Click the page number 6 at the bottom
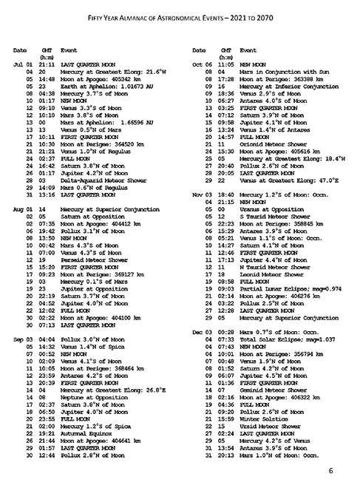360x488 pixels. point(332,470)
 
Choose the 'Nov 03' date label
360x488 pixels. point(202,194)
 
